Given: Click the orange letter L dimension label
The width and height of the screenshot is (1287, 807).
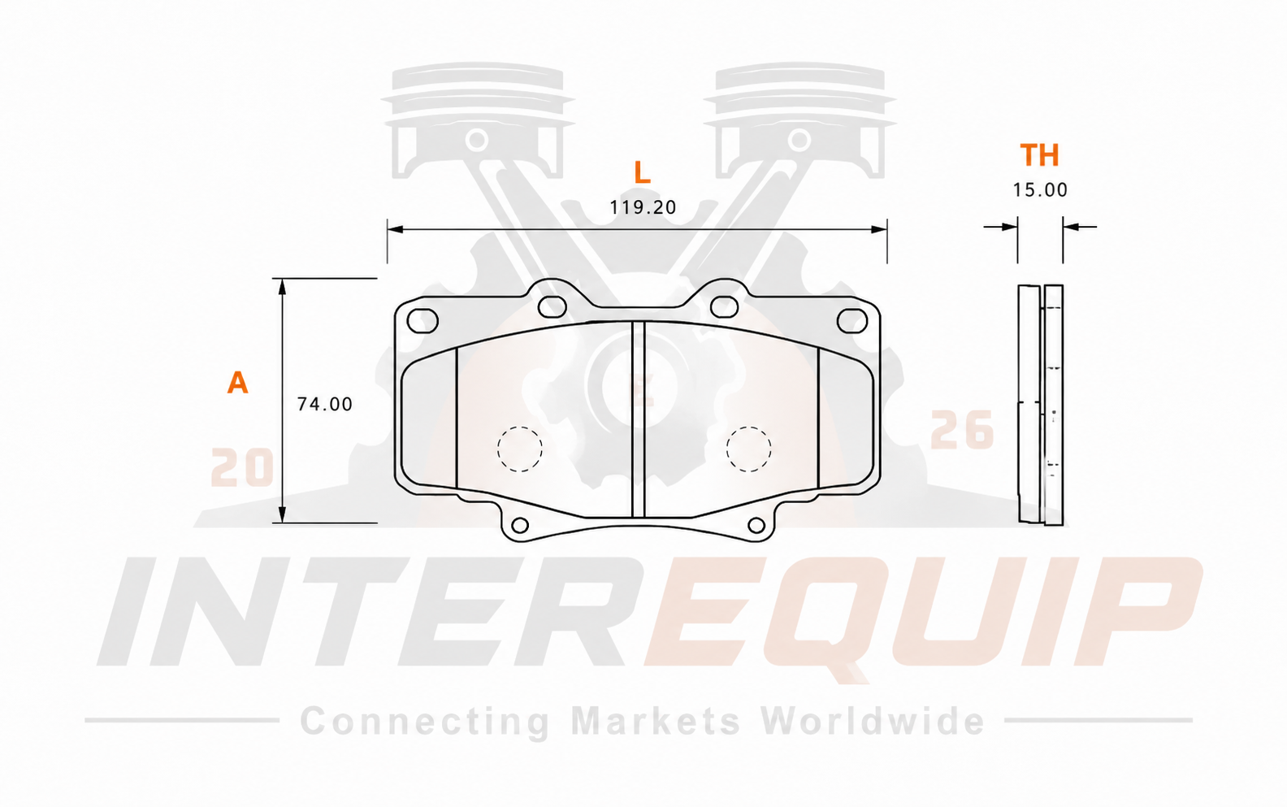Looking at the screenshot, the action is pyautogui.click(x=642, y=172).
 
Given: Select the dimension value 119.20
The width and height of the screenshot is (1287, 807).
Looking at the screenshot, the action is pyautogui.click(x=643, y=207).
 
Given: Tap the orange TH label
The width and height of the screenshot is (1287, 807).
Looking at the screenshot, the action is pyautogui.click(x=1039, y=154).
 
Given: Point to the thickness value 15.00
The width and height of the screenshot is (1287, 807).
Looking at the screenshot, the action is pyautogui.click(x=1040, y=189).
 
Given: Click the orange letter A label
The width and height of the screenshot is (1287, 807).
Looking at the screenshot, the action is pyautogui.click(x=237, y=382).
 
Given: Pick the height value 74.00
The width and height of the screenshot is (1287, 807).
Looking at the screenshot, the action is pyautogui.click(x=325, y=404).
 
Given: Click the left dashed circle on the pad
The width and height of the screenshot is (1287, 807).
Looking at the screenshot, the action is pyautogui.click(x=520, y=427).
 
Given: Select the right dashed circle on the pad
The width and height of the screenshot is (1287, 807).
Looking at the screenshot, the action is pyautogui.click(x=748, y=427).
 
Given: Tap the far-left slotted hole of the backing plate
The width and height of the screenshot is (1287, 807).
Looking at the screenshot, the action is pyautogui.click(x=407, y=321).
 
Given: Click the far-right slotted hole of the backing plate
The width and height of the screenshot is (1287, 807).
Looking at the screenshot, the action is pyautogui.click(x=838, y=321).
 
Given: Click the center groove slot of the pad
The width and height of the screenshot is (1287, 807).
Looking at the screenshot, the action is pyautogui.click(x=639, y=419).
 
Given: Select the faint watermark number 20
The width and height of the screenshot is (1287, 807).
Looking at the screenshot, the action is pyautogui.click(x=242, y=467).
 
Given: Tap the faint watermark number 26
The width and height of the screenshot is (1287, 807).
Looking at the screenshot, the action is pyautogui.click(x=962, y=429).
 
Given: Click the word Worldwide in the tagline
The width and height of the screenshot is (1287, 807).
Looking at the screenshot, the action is pyautogui.click(x=873, y=721).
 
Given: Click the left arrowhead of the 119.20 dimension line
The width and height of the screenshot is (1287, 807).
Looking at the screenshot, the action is pyautogui.click(x=396, y=230).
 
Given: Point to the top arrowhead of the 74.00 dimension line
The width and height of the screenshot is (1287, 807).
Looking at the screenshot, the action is pyautogui.click(x=282, y=287).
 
